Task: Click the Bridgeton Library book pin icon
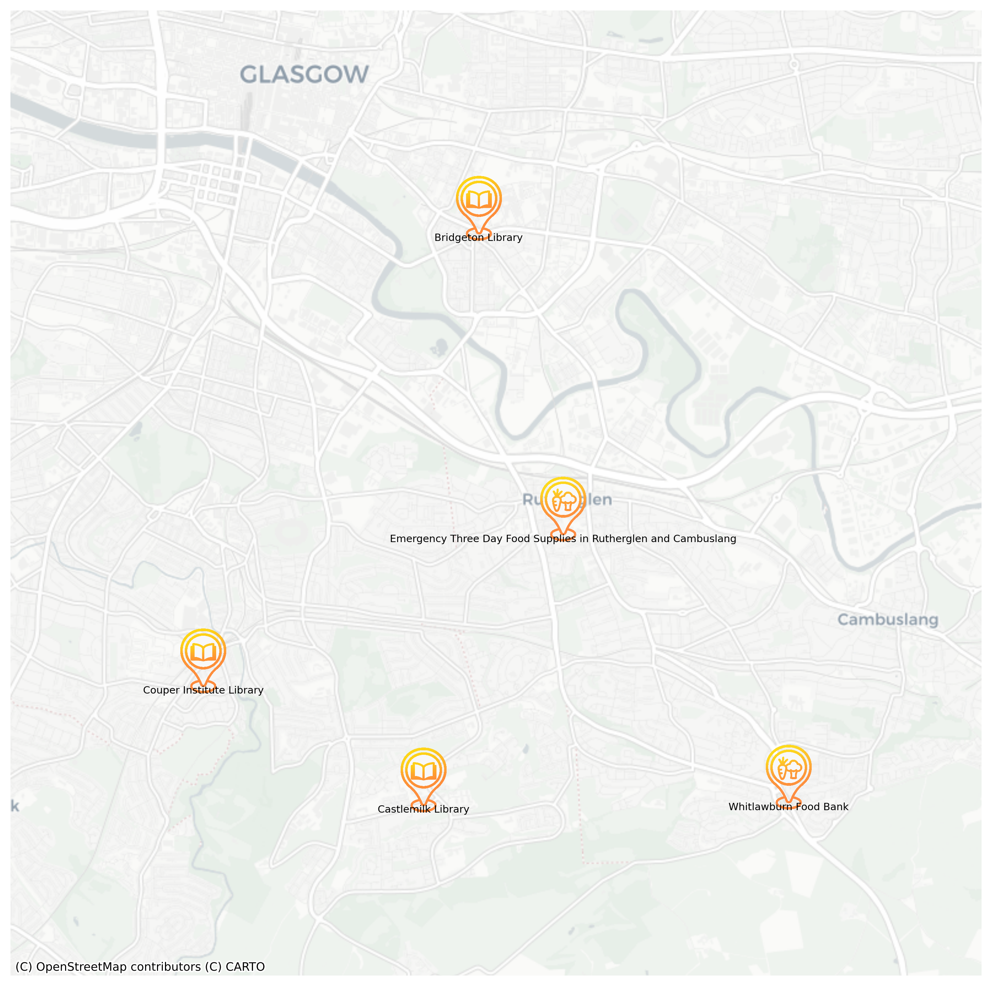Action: pos(479,200)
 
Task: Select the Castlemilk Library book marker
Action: pos(423,771)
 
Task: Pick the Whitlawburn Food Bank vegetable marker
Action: pos(788,769)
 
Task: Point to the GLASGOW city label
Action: pos(304,75)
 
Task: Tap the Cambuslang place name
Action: pos(887,620)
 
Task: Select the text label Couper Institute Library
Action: pos(203,690)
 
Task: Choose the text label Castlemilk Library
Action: pos(423,809)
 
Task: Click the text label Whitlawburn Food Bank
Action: pos(788,807)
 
